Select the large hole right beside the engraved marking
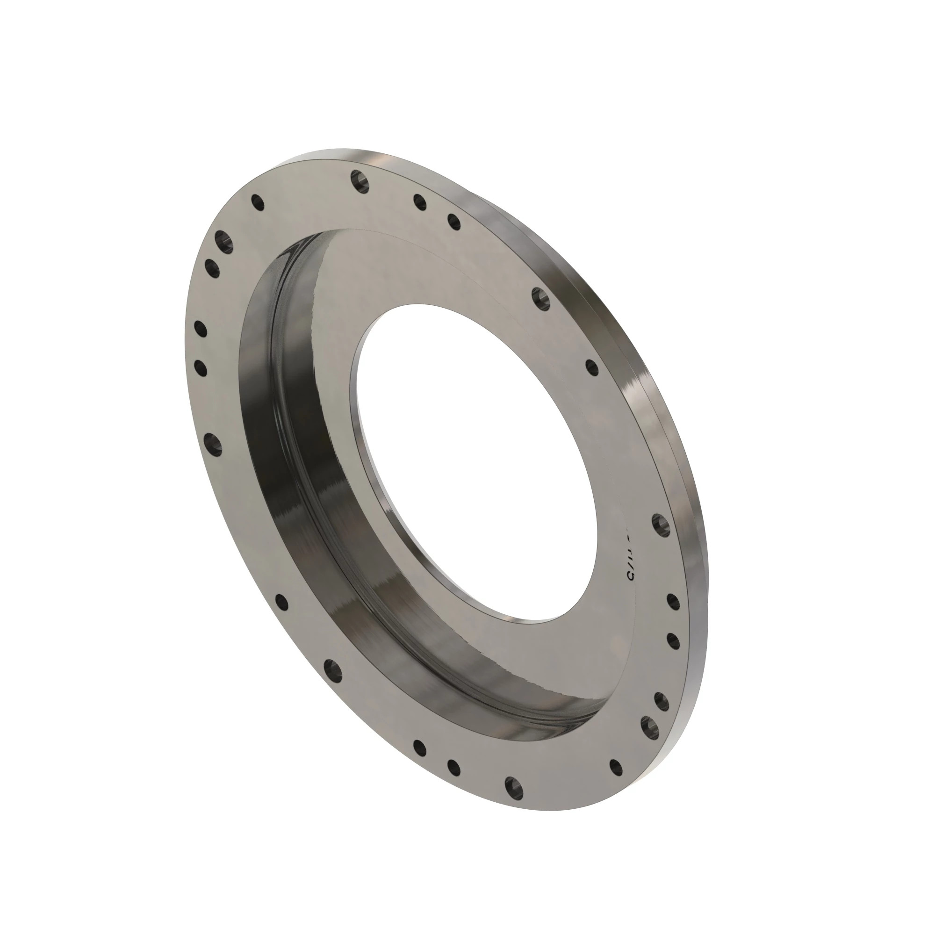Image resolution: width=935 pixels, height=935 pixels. click(661, 525)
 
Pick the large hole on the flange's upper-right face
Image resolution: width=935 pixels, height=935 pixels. click(540, 297)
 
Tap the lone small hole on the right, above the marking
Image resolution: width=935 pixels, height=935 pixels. click(592, 368)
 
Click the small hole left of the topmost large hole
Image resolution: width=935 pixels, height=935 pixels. click(258, 202)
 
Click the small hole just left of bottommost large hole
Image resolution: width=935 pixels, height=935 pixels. click(453, 766)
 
